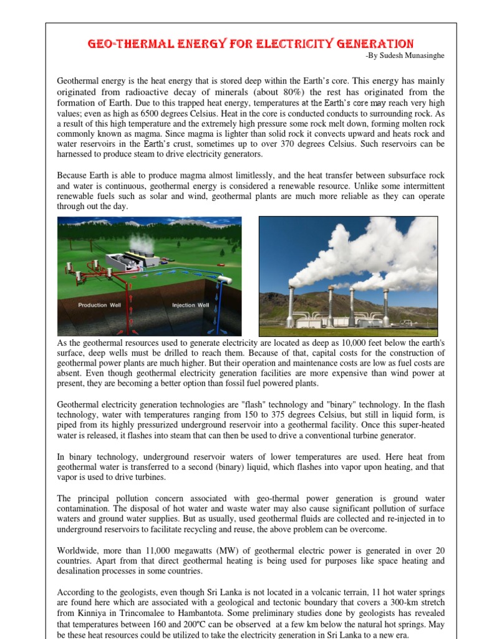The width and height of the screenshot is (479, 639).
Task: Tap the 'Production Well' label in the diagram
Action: [99, 305]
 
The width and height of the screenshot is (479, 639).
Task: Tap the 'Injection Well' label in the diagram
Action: [190, 305]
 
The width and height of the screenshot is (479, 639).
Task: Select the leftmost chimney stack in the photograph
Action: [291, 306]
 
